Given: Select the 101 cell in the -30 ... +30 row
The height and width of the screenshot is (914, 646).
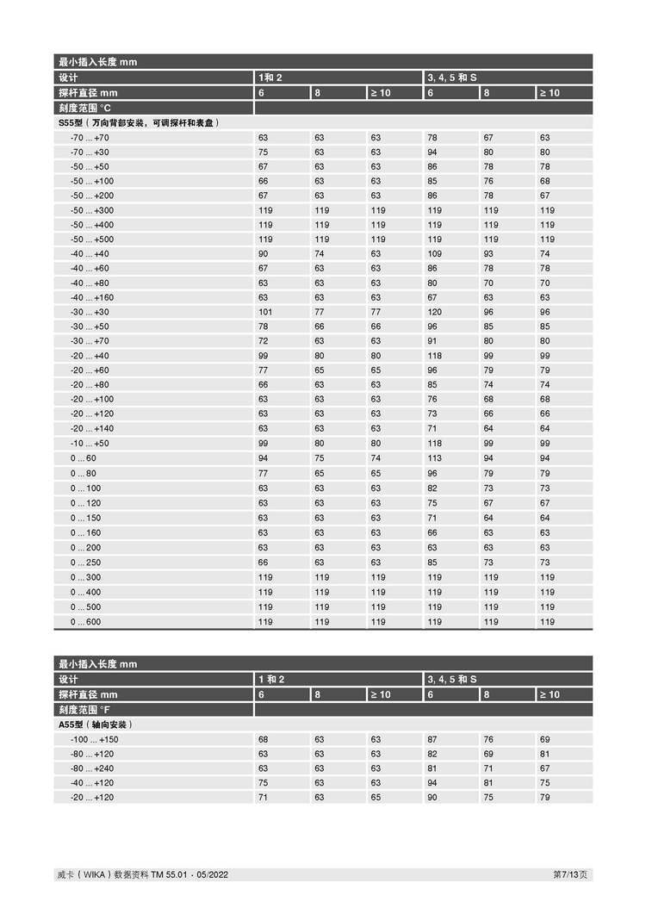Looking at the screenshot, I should pyautogui.click(x=264, y=313).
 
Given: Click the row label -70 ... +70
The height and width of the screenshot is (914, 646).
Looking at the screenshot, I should pyautogui.click(x=90, y=138).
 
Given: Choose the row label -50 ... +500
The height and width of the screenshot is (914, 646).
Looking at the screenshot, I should pyautogui.click(x=91, y=239).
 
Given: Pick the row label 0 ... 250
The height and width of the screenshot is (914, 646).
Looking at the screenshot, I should pyautogui.click(x=85, y=563).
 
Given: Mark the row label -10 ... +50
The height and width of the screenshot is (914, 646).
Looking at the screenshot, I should pyautogui.click(x=90, y=445).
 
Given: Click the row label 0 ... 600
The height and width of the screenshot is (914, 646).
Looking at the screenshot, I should pyautogui.click(x=85, y=622).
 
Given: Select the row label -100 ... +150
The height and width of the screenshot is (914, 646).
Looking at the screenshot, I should pyautogui.click(x=94, y=740).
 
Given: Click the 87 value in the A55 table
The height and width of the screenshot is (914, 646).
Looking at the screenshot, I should pyautogui.click(x=432, y=740).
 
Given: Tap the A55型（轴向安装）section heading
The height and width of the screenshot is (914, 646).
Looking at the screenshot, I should pyautogui.click(x=96, y=725).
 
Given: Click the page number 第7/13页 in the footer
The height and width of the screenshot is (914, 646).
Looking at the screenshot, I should pyautogui.click(x=570, y=875).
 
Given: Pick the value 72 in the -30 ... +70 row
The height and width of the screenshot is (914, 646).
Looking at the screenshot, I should pyautogui.click(x=263, y=342).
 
